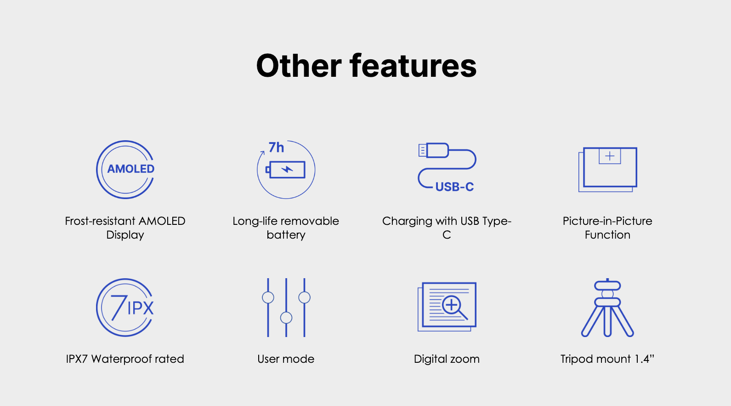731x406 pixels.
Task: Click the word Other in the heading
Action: [299, 66]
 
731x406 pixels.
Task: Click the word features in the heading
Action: [413, 66]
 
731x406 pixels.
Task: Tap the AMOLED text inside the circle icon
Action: [131, 169]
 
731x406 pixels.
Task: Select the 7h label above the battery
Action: [276, 148]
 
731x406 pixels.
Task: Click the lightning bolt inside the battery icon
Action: [287, 170]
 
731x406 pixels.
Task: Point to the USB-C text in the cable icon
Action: [454, 187]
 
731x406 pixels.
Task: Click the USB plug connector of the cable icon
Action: [433, 150]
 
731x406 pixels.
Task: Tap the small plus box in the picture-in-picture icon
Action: [610, 156]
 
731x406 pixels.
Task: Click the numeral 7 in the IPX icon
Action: [119, 307]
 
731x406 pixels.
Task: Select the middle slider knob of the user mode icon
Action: [286, 318]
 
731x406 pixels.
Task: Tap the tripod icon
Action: [607, 308]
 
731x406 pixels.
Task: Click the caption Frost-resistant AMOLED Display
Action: [125, 228]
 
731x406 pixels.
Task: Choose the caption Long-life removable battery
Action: [286, 228]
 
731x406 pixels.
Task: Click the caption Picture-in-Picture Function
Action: [607, 228]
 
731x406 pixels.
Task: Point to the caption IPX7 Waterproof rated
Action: [125, 359]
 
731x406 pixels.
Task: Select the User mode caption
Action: [286, 359]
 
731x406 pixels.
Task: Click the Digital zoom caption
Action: [447, 359]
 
